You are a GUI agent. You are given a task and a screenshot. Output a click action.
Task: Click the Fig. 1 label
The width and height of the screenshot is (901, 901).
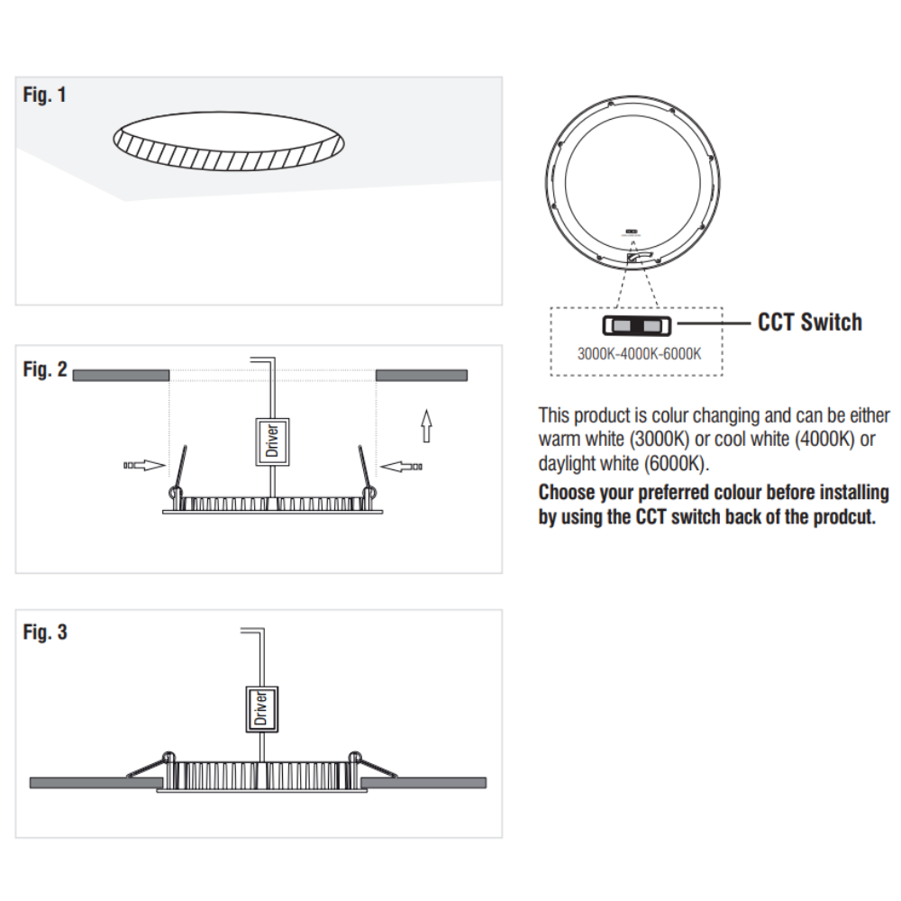[x=44, y=95]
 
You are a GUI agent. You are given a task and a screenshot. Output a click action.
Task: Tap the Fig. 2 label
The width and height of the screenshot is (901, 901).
[x=45, y=369]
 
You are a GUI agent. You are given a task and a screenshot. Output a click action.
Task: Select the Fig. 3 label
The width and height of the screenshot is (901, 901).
[x=45, y=633]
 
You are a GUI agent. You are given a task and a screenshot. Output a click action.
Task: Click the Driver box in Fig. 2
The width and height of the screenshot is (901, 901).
[x=272, y=441]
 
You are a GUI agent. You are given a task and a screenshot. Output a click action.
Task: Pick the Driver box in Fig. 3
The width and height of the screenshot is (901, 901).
[x=262, y=709]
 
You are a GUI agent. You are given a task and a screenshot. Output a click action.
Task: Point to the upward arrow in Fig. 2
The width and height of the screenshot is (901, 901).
[x=426, y=425]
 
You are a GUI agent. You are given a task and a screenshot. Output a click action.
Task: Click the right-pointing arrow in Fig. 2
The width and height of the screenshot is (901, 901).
[x=144, y=466]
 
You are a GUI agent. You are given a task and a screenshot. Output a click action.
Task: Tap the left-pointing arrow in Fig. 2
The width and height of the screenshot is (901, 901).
[x=401, y=467]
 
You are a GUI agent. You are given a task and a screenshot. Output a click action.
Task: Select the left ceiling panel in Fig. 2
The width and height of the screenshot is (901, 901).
[x=122, y=375]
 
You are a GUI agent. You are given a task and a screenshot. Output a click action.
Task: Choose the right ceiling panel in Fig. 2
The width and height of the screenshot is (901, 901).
[x=422, y=375]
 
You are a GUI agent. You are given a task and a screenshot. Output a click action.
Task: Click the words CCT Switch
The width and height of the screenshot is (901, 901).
[x=810, y=323]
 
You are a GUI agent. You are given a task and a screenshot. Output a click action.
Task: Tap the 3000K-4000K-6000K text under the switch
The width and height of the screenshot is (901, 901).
[x=639, y=353]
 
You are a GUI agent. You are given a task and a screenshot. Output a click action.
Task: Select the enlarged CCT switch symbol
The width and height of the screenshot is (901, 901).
[x=637, y=326]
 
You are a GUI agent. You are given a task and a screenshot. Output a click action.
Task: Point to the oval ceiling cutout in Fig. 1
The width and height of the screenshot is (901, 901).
[x=229, y=141]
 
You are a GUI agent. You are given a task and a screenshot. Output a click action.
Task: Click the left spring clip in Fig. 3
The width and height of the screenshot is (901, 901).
[x=148, y=765]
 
